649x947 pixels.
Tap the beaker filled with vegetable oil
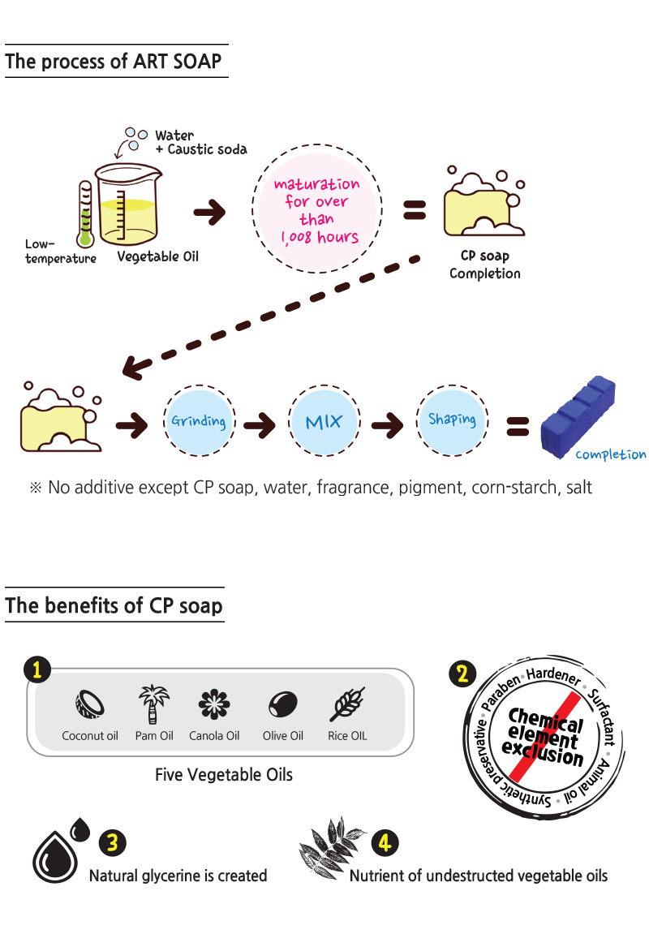(126, 208)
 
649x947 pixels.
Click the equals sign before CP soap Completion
(414, 213)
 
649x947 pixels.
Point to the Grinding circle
(198, 422)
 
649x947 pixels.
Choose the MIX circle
(324, 422)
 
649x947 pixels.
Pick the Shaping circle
(452, 420)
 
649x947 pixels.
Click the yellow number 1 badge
(37, 669)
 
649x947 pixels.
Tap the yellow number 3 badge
(113, 843)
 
